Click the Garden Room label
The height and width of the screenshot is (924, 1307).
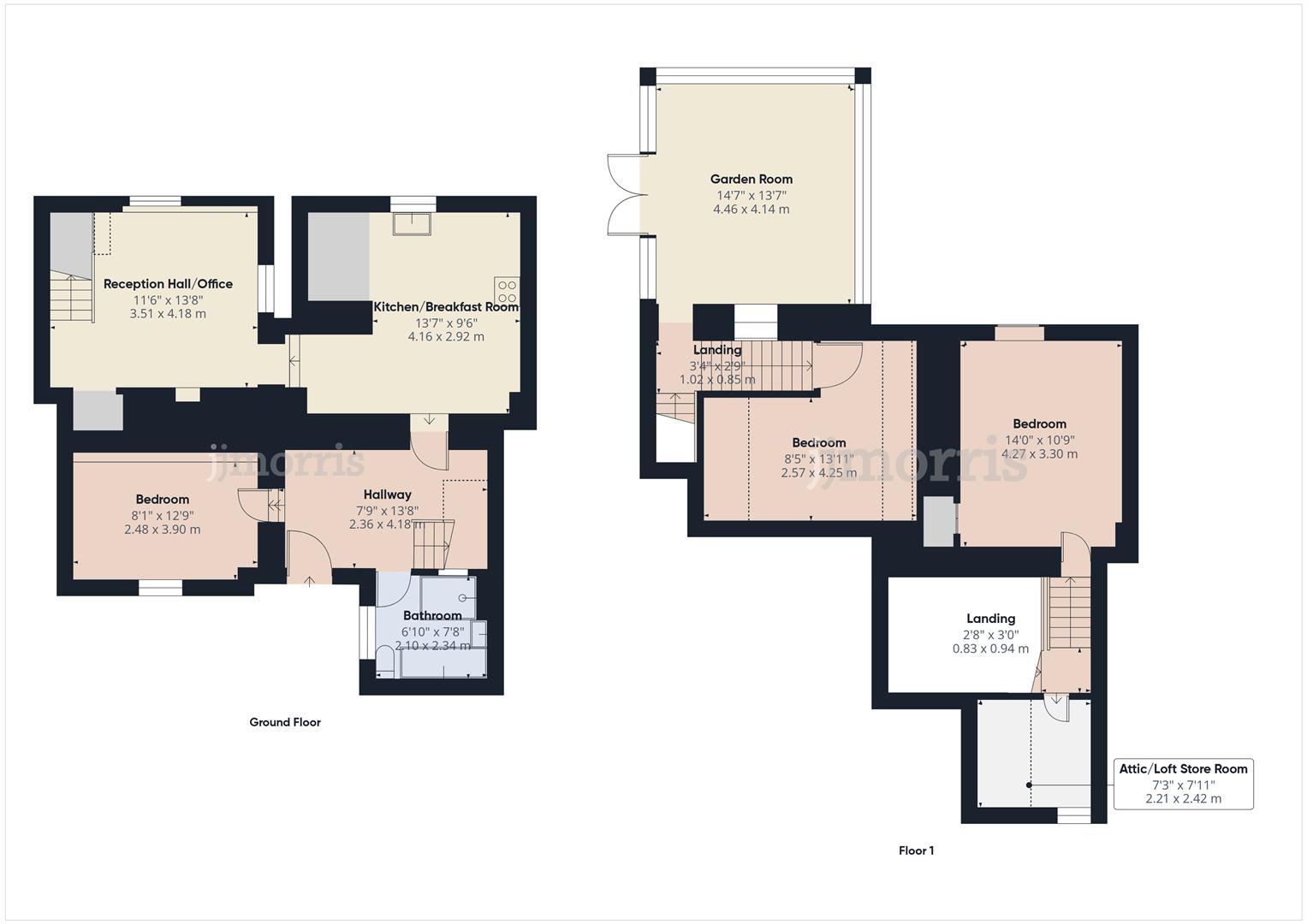tap(751, 179)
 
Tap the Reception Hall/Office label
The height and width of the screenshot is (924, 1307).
tap(168, 284)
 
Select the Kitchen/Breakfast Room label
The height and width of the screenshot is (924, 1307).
tap(446, 307)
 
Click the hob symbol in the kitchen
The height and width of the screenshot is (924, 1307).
tap(506, 291)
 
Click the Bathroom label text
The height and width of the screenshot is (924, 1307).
tap(432, 615)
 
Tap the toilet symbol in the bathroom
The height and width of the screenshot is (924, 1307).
tap(385, 660)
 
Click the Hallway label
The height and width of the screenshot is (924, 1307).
tap(387, 495)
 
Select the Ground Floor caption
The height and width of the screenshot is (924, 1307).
tap(285, 722)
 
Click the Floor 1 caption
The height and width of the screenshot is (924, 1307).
tap(916, 850)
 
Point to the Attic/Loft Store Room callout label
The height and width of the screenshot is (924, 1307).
tap(1183, 769)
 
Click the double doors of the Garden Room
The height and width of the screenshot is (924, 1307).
tap(625, 194)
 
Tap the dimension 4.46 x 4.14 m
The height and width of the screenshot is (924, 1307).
tap(751, 209)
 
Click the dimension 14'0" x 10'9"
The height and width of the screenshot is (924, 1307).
tap(1039, 439)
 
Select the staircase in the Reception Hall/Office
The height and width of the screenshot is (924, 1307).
tap(71, 298)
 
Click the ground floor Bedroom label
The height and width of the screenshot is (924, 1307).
tap(163, 500)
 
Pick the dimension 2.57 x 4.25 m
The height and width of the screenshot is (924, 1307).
tap(818, 472)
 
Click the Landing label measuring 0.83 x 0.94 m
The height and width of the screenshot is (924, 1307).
tap(990, 619)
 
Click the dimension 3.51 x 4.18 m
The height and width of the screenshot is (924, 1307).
tap(168, 314)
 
